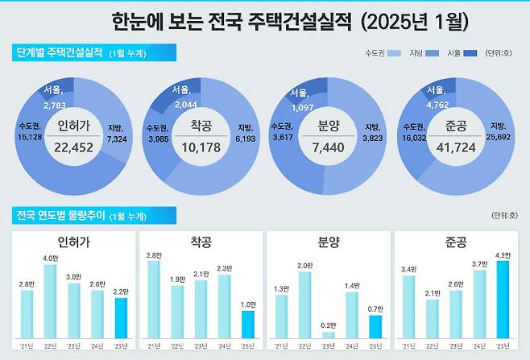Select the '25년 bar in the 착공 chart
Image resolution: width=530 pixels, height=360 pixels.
pos(248,324)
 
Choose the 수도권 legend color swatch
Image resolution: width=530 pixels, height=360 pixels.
pos(394,53)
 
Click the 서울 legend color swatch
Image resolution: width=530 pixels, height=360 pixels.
pos(470,53)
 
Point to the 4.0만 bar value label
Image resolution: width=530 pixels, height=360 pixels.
pos(50,258)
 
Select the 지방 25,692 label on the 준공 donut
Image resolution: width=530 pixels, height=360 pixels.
pos(497,132)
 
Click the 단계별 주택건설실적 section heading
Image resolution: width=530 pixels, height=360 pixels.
pos(59,53)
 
